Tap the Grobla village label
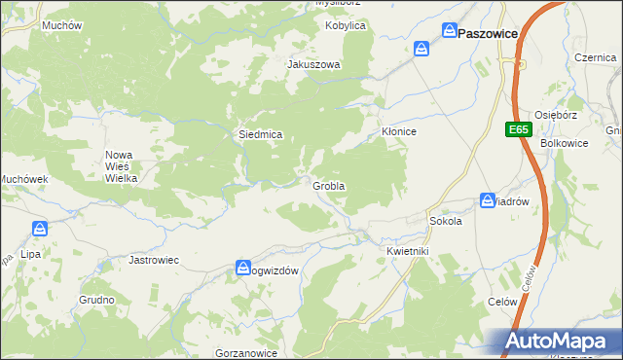[329, 185]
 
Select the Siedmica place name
[261, 134]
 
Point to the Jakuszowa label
[313, 65]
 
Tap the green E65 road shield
[518, 128]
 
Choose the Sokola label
[445, 221]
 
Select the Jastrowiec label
[155, 261]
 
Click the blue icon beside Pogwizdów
[243, 269]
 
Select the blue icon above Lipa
[40, 230]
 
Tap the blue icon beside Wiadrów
[487, 200]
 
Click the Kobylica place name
[346, 25]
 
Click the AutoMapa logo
[558, 342]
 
